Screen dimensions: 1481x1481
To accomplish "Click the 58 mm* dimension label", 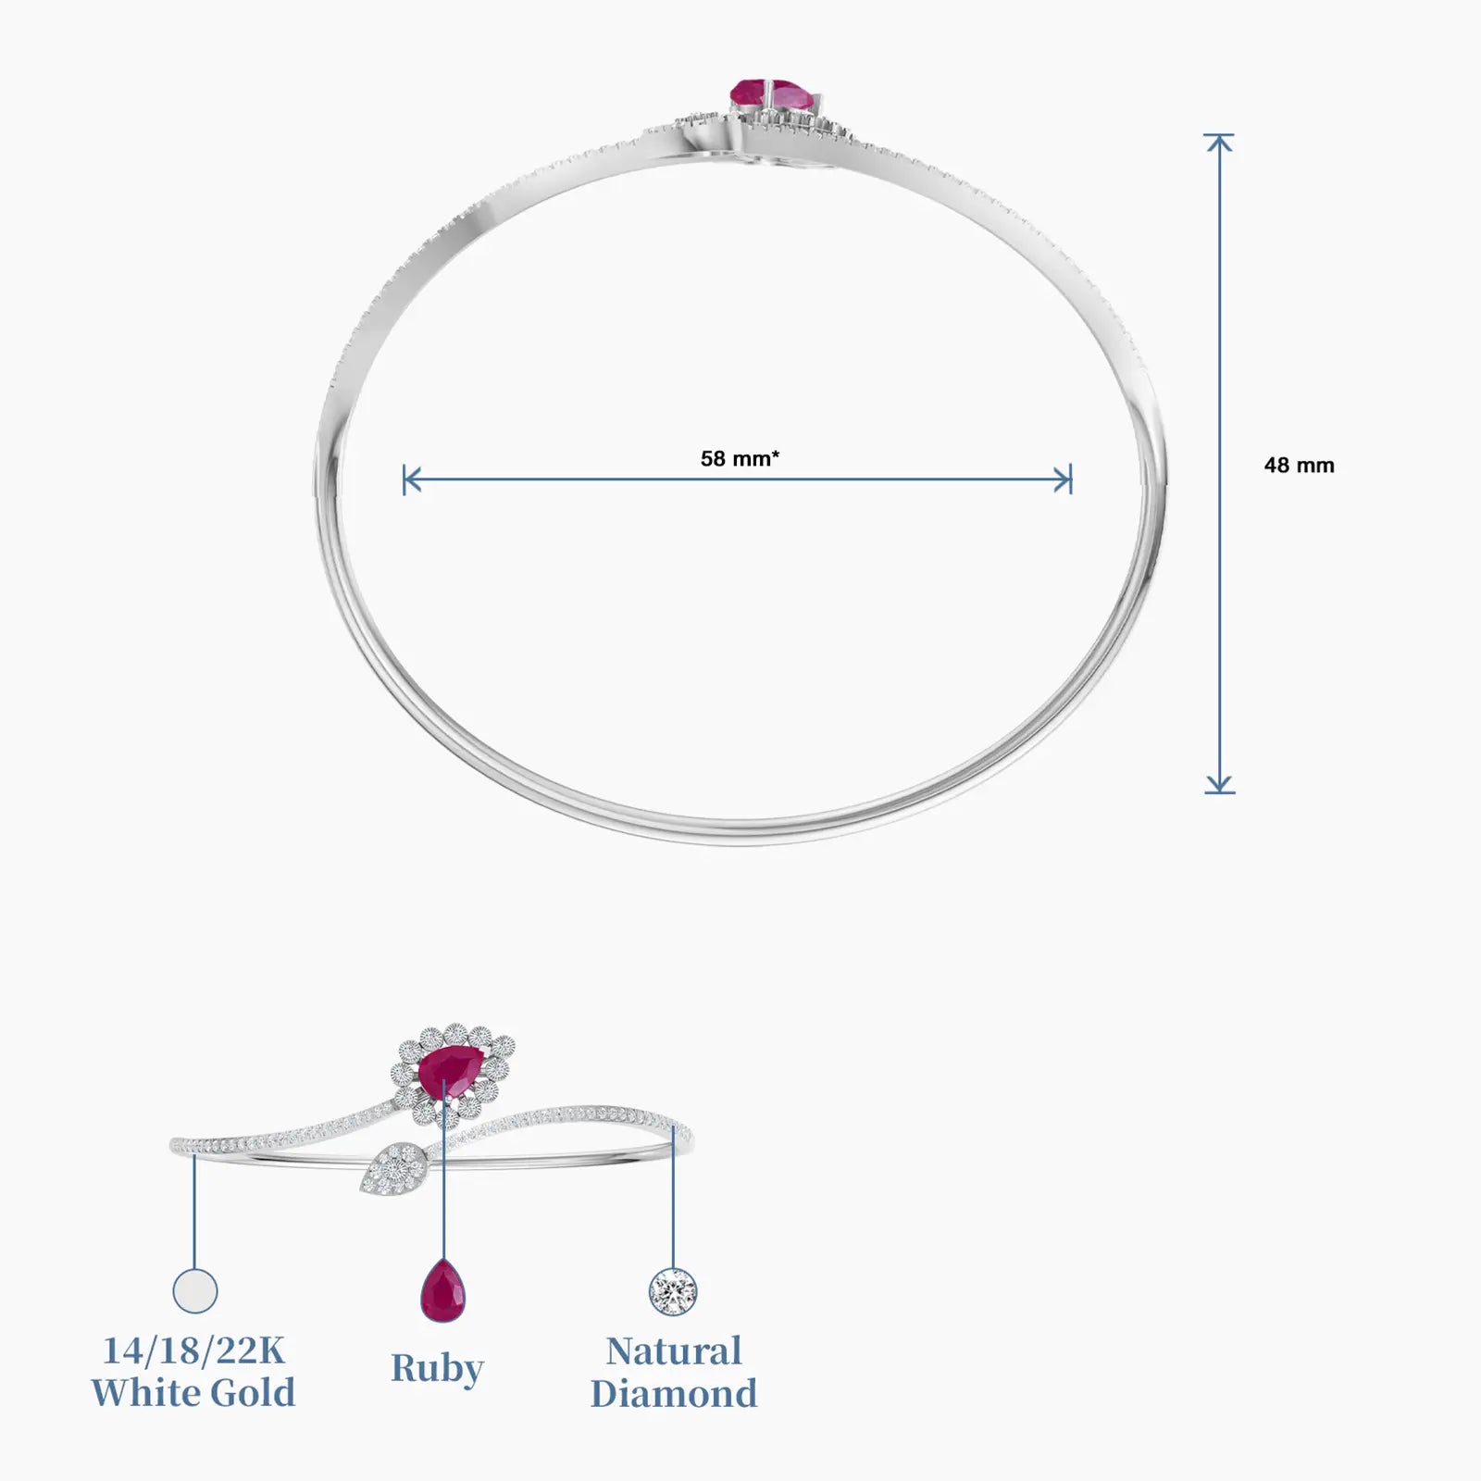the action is pos(740,458).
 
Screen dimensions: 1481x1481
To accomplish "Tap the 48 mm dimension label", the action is pos(1300,466).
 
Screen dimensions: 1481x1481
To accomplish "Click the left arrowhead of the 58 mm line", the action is pos(413,480).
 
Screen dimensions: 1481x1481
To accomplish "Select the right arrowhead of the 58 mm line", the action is pos(1063,480).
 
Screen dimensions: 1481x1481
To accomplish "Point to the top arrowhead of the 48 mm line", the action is pos(1219,143).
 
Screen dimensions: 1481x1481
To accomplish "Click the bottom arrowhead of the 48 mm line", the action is pos(1219,784).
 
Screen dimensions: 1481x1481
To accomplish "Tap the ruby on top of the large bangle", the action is pos(771,93).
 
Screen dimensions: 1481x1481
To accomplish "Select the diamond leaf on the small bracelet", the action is pos(393,1172).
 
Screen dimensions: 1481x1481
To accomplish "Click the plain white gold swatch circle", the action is pos(195,1290).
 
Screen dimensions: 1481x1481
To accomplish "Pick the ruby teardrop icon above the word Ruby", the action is pos(443,1289).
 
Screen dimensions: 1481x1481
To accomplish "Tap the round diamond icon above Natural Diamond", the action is pos(673,1290).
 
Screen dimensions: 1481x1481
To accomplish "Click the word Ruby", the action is pos(437,1369).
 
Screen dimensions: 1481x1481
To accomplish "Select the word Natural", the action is pos(674,1351).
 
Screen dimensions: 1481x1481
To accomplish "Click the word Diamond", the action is pos(674,1393).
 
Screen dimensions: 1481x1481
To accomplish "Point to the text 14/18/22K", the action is pos(193,1351).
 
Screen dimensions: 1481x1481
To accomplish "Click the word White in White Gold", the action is pos(142,1393).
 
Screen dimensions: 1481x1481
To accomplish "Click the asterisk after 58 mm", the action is pos(776,454).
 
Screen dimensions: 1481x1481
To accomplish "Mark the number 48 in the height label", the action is pos(1276,466).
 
